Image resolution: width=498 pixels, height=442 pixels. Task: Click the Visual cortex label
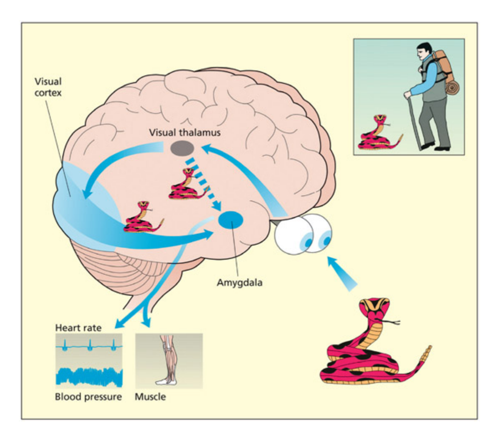(x=48, y=87)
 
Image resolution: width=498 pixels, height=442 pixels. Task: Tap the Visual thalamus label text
(x=185, y=132)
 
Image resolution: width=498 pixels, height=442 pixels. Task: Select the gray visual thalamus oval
(x=181, y=148)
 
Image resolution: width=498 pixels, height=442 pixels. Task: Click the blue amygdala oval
(x=231, y=220)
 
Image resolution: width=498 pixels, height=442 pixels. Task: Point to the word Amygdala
(x=239, y=283)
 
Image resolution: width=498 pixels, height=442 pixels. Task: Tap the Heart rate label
(x=78, y=328)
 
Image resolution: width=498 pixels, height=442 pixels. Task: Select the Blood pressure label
(x=88, y=396)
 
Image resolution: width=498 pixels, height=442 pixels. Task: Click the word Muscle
(x=150, y=396)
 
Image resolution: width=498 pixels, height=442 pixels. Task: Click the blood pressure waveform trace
(x=89, y=376)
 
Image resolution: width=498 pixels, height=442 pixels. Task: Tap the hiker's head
(x=424, y=51)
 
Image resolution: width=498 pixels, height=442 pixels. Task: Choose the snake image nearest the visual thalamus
(x=187, y=185)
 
